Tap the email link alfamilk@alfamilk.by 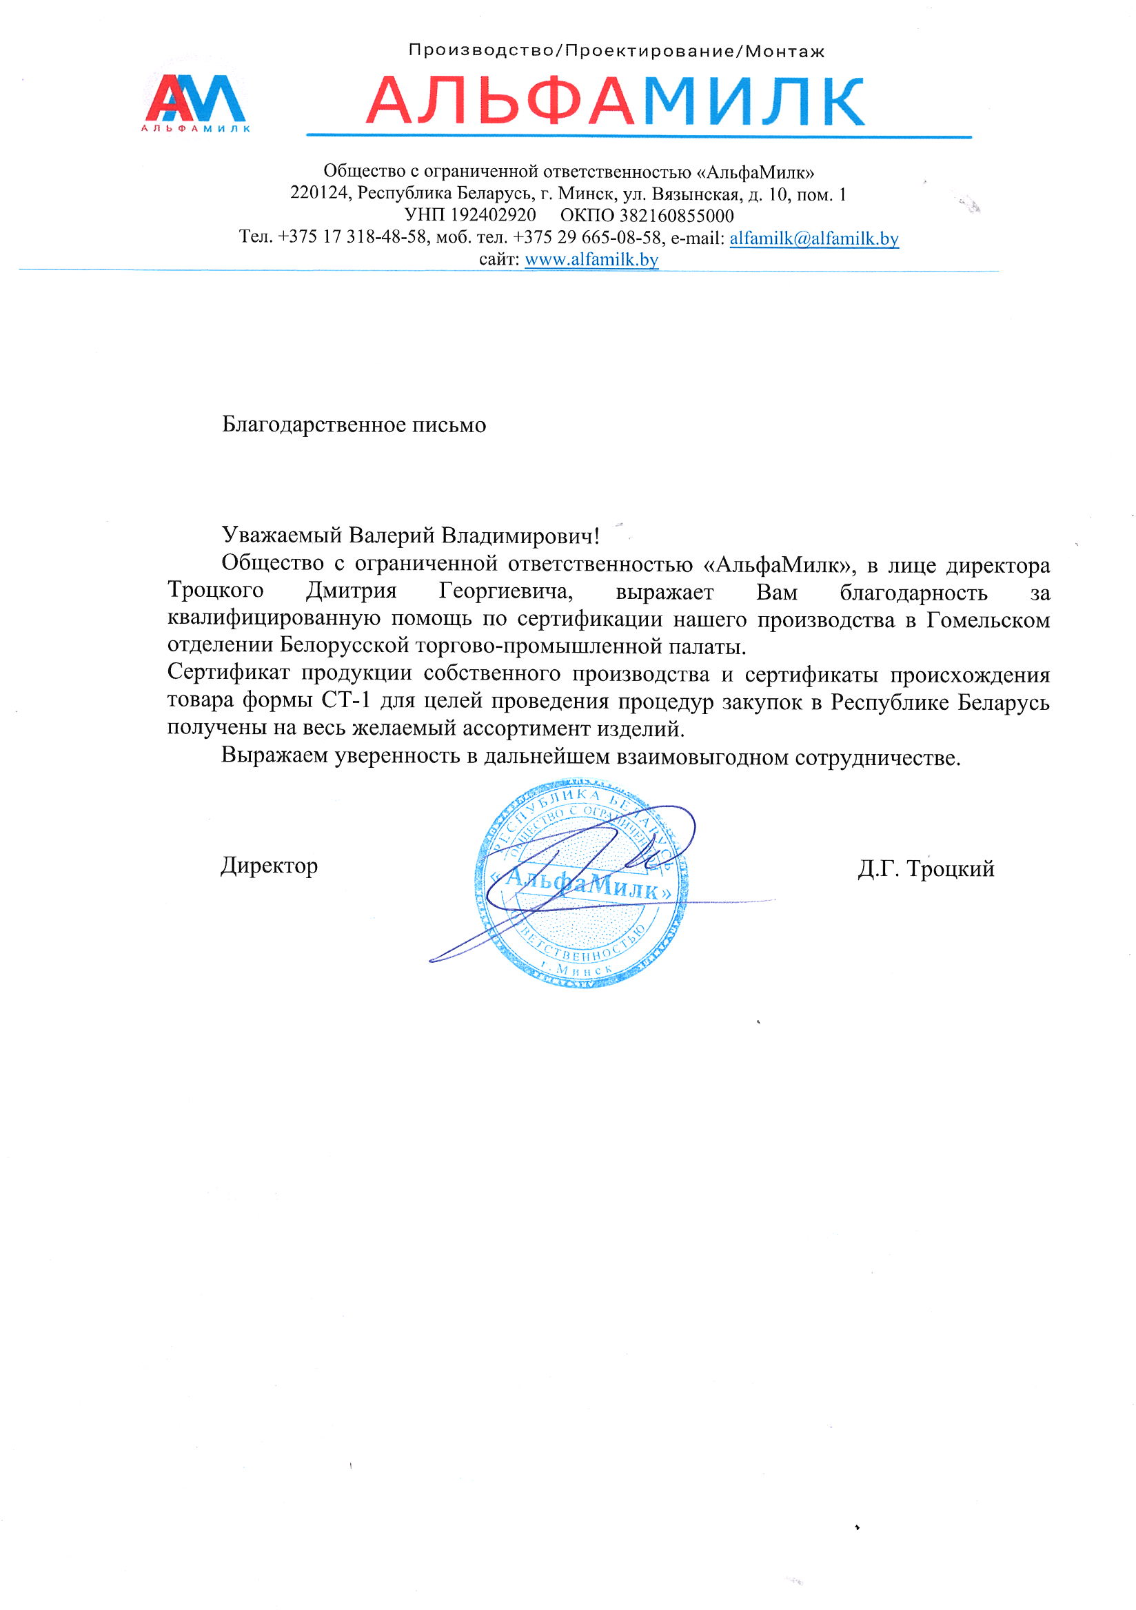[x=813, y=238]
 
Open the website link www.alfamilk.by [x=591, y=260]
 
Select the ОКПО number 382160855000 [x=676, y=215]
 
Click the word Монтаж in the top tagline [x=784, y=51]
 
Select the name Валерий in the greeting [x=392, y=536]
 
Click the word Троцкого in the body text [x=215, y=591]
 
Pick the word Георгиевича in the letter [x=505, y=592]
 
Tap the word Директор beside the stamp [x=270, y=866]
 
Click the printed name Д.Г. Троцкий [x=925, y=870]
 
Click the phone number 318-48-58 [x=387, y=237]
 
